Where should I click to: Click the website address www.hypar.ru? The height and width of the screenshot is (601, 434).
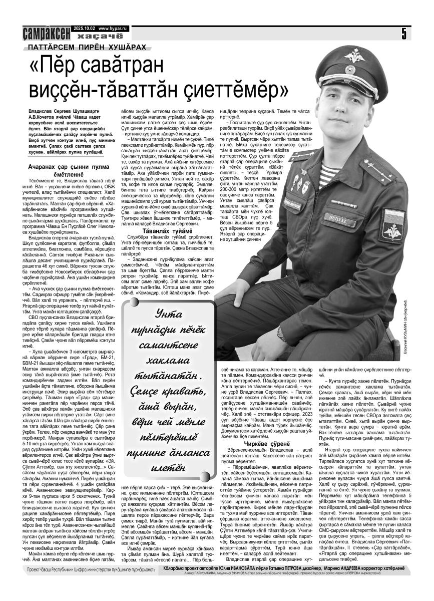point(113,29)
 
